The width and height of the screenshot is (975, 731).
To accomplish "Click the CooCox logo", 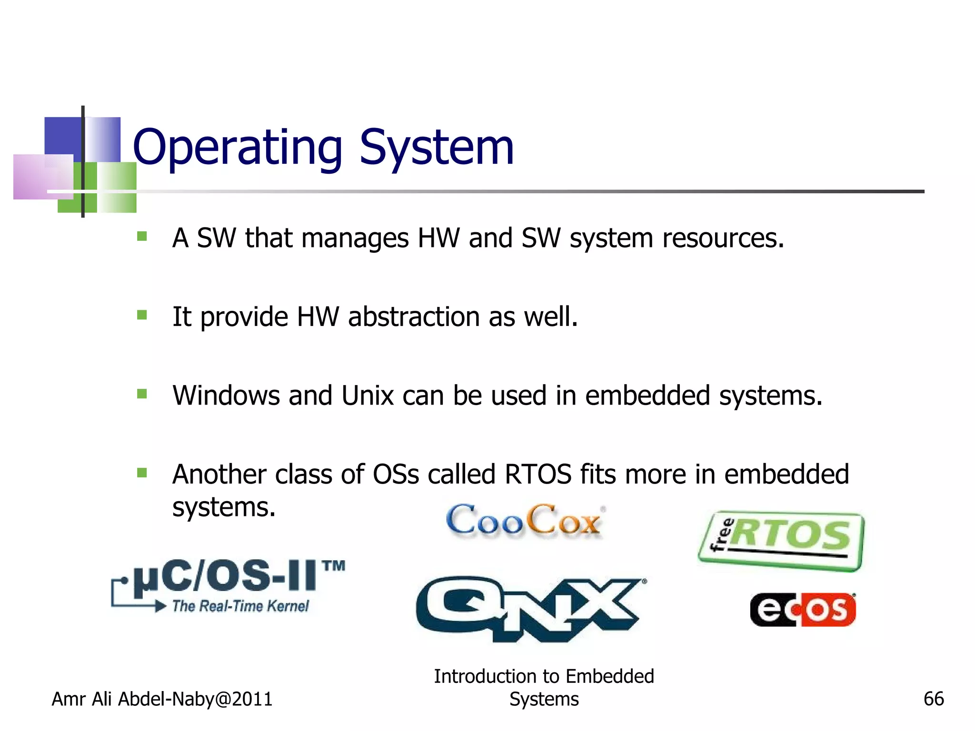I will coord(524,521).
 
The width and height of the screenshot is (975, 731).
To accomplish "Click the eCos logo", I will coord(803,609).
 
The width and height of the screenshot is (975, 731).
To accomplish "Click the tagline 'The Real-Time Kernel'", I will coord(240,606).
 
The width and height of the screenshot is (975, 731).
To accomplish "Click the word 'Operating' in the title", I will coord(237,148).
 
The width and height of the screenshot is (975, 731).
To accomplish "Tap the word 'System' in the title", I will coord(436,148).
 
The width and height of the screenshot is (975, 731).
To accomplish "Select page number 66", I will coord(933,699).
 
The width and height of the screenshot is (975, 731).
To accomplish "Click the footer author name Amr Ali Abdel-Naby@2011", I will coord(162,699).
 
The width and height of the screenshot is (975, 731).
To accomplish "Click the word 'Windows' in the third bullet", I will coord(226,395).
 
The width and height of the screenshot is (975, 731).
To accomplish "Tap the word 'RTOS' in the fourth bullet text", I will coord(537,474).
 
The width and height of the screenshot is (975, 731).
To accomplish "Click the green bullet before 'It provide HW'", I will coord(142,315).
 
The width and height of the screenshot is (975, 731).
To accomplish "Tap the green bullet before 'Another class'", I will coord(142,473).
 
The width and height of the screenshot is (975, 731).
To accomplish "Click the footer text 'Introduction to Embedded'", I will coord(544,676).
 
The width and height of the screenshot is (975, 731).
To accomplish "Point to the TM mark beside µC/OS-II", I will coord(333,566).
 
